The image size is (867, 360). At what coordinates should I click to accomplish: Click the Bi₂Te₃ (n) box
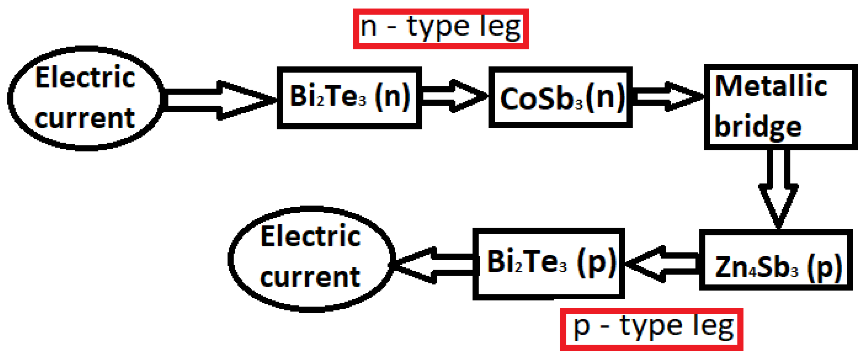coord(349,98)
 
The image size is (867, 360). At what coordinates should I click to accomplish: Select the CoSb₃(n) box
coord(560,98)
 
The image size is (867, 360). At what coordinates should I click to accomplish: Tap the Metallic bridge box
coord(780,107)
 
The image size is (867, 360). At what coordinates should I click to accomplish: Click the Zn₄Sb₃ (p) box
coord(776,260)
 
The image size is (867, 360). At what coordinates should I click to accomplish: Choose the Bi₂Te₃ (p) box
coord(549,264)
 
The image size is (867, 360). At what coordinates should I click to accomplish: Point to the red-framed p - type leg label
coord(651,329)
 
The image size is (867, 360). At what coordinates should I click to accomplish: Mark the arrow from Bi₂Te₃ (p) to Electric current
coord(434,265)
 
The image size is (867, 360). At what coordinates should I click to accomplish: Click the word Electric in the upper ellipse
coord(85,78)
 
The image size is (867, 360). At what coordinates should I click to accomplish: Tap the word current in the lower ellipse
coord(310,277)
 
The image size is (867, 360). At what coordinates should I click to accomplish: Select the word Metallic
coord(771,86)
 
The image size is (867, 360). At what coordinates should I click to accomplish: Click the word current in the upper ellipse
coord(85,119)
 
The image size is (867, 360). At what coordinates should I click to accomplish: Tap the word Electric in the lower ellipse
coord(311,236)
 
